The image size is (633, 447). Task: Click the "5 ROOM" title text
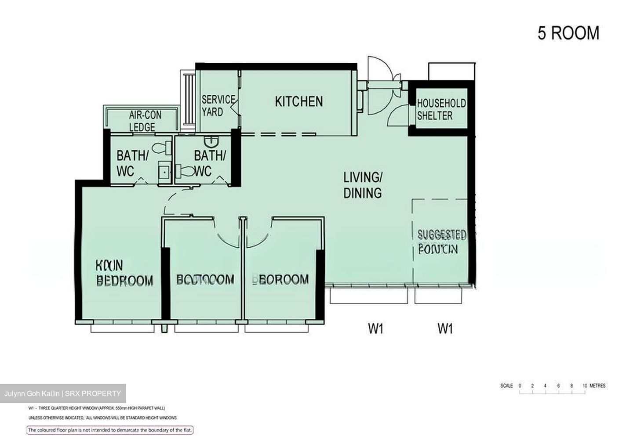pos(568,33)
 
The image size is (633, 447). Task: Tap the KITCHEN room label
pos(299,101)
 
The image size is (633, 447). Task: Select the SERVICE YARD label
pos(218,106)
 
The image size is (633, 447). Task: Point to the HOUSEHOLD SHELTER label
pos(441,110)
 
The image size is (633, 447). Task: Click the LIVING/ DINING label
pos(363,185)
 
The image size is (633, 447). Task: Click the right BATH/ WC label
pos(210,163)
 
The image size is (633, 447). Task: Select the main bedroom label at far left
pos(124,273)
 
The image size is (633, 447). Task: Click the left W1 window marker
pos(376,328)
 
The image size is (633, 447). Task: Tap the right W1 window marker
pos(445,328)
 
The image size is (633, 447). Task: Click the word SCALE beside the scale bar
pos(506,386)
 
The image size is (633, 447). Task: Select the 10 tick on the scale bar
pos(585,386)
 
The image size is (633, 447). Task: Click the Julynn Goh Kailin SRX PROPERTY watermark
pos(62,393)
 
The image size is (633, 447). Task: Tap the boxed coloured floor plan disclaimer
pos(110,430)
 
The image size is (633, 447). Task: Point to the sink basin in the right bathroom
pos(212,141)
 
